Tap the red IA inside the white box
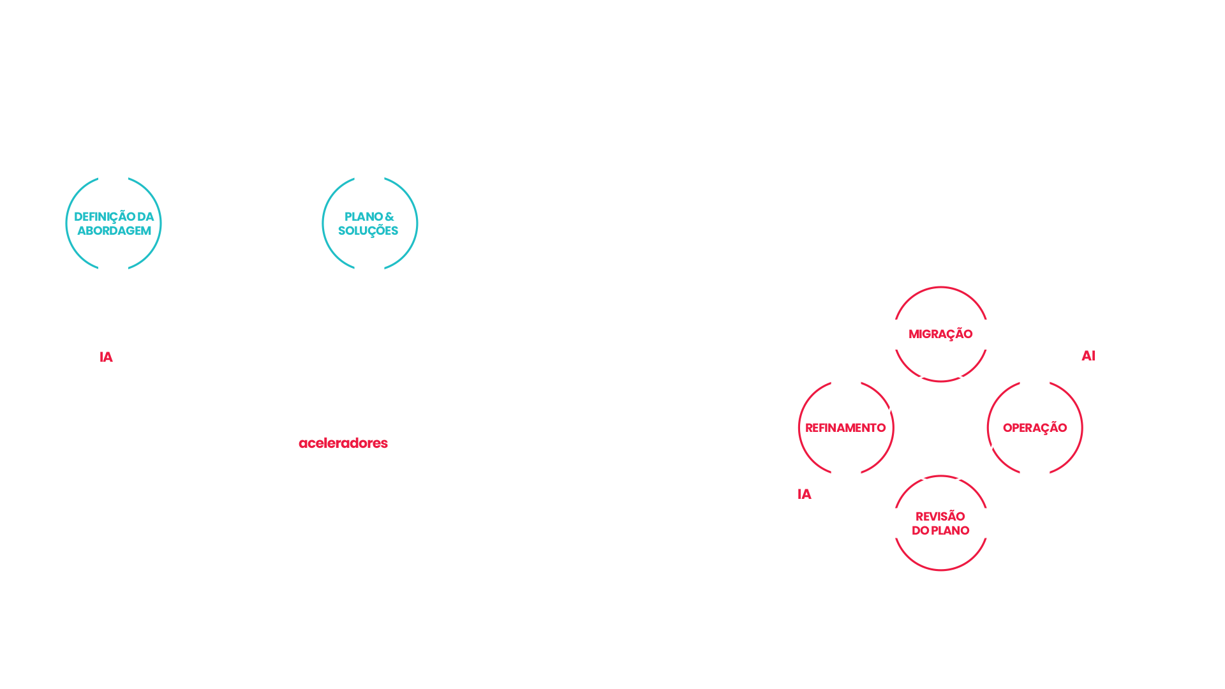(106, 357)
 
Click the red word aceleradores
(343, 443)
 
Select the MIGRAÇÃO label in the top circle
(940, 334)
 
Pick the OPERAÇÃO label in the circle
(1034, 428)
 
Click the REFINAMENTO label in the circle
(845, 428)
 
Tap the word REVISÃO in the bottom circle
(940, 516)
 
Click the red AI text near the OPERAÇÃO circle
(1088, 356)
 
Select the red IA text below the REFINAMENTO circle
(805, 494)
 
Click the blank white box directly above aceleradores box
(387, 383)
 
